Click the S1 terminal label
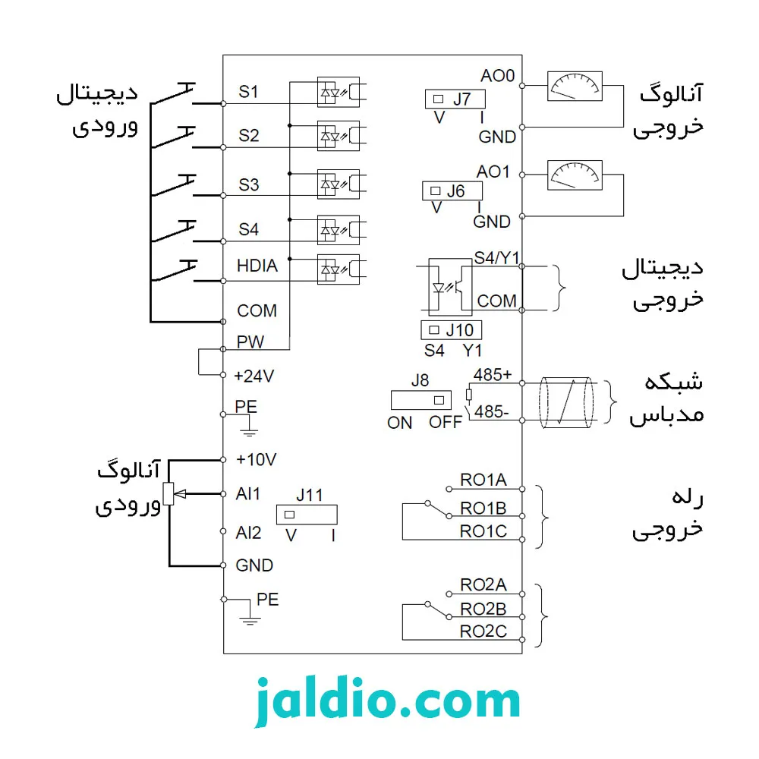[x=248, y=92]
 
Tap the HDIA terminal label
[x=257, y=265]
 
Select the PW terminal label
[x=250, y=342]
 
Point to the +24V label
[x=254, y=376]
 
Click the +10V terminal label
[x=256, y=459]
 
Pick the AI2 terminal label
[x=248, y=533]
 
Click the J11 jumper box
[x=307, y=515]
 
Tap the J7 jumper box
[x=455, y=99]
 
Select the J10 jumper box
[x=451, y=330]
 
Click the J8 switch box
[x=421, y=400]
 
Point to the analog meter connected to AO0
[x=575, y=87]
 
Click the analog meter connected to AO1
[x=575, y=175]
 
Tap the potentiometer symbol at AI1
[x=168, y=494]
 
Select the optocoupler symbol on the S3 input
[x=339, y=184]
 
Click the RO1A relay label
[x=483, y=480]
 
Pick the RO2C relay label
[x=483, y=631]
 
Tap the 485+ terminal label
[x=493, y=375]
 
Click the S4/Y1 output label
[x=496, y=257]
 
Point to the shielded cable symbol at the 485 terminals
[x=566, y=402]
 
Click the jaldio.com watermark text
[x=387, y=701]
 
